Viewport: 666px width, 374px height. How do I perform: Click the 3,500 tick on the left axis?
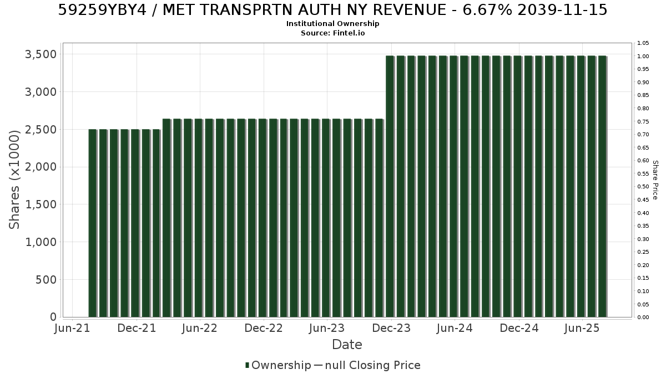(x=41, y=54)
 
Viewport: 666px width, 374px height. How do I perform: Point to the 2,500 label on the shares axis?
(x=41, y=130)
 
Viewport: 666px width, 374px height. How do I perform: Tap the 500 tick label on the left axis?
(x=46, y=280)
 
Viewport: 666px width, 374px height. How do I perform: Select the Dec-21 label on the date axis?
(x=137, y=328)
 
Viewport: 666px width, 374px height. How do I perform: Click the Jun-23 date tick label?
(x=327, y=328)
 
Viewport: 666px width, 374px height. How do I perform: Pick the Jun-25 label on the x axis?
(x=582, y=328)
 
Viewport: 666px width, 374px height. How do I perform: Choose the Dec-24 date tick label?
(x=519, y=328)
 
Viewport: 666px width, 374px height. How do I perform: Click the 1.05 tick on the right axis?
(x=643, y=43)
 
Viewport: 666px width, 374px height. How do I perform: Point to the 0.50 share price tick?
(x=643, y=187)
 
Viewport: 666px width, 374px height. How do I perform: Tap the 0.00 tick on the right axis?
(x=643, y=317)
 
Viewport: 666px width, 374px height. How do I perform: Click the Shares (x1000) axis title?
(x=14, y=180)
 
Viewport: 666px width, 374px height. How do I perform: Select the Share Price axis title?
(x=655, y=180)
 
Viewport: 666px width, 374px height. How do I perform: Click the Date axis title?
(x=347, y=345)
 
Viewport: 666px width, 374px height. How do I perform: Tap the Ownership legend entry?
(x=278, y=365)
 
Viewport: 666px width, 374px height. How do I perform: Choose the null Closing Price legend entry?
(x=367, y=365)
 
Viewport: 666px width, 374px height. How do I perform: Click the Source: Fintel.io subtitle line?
(x=332, y=33)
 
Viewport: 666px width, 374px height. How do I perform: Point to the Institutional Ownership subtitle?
(x=332, y=24)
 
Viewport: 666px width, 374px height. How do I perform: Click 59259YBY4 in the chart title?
(x=102, y=10)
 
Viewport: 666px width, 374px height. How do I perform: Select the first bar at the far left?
(x=93, y=223)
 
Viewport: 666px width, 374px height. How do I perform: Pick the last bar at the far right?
(x=603, y=186)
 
